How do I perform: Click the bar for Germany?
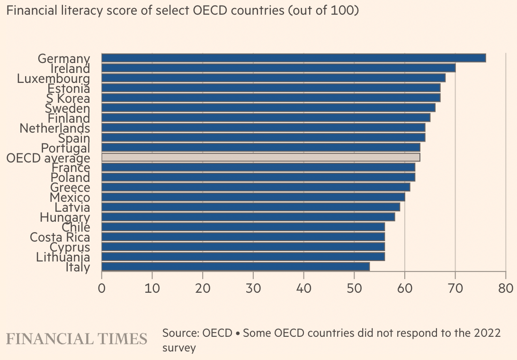(294, 58)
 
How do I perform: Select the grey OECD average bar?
(260, 157)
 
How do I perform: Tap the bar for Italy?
(235, 267)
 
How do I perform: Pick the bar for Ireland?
(278, 68)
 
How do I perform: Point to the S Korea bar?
(271, 98)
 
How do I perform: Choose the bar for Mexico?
(253, 197)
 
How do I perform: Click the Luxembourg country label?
(53, 79)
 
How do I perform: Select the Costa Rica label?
(60, 237)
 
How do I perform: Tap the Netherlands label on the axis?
(54, 128)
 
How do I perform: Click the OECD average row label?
(48, 158)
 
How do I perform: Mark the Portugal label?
(65, 148)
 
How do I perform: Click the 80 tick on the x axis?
(506, 288)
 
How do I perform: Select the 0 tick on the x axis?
(102, 288)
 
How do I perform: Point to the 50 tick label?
(354, 288)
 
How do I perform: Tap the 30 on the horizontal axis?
(253, 288)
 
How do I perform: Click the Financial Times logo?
(77, 339)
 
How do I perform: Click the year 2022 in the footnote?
(487, 333)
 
